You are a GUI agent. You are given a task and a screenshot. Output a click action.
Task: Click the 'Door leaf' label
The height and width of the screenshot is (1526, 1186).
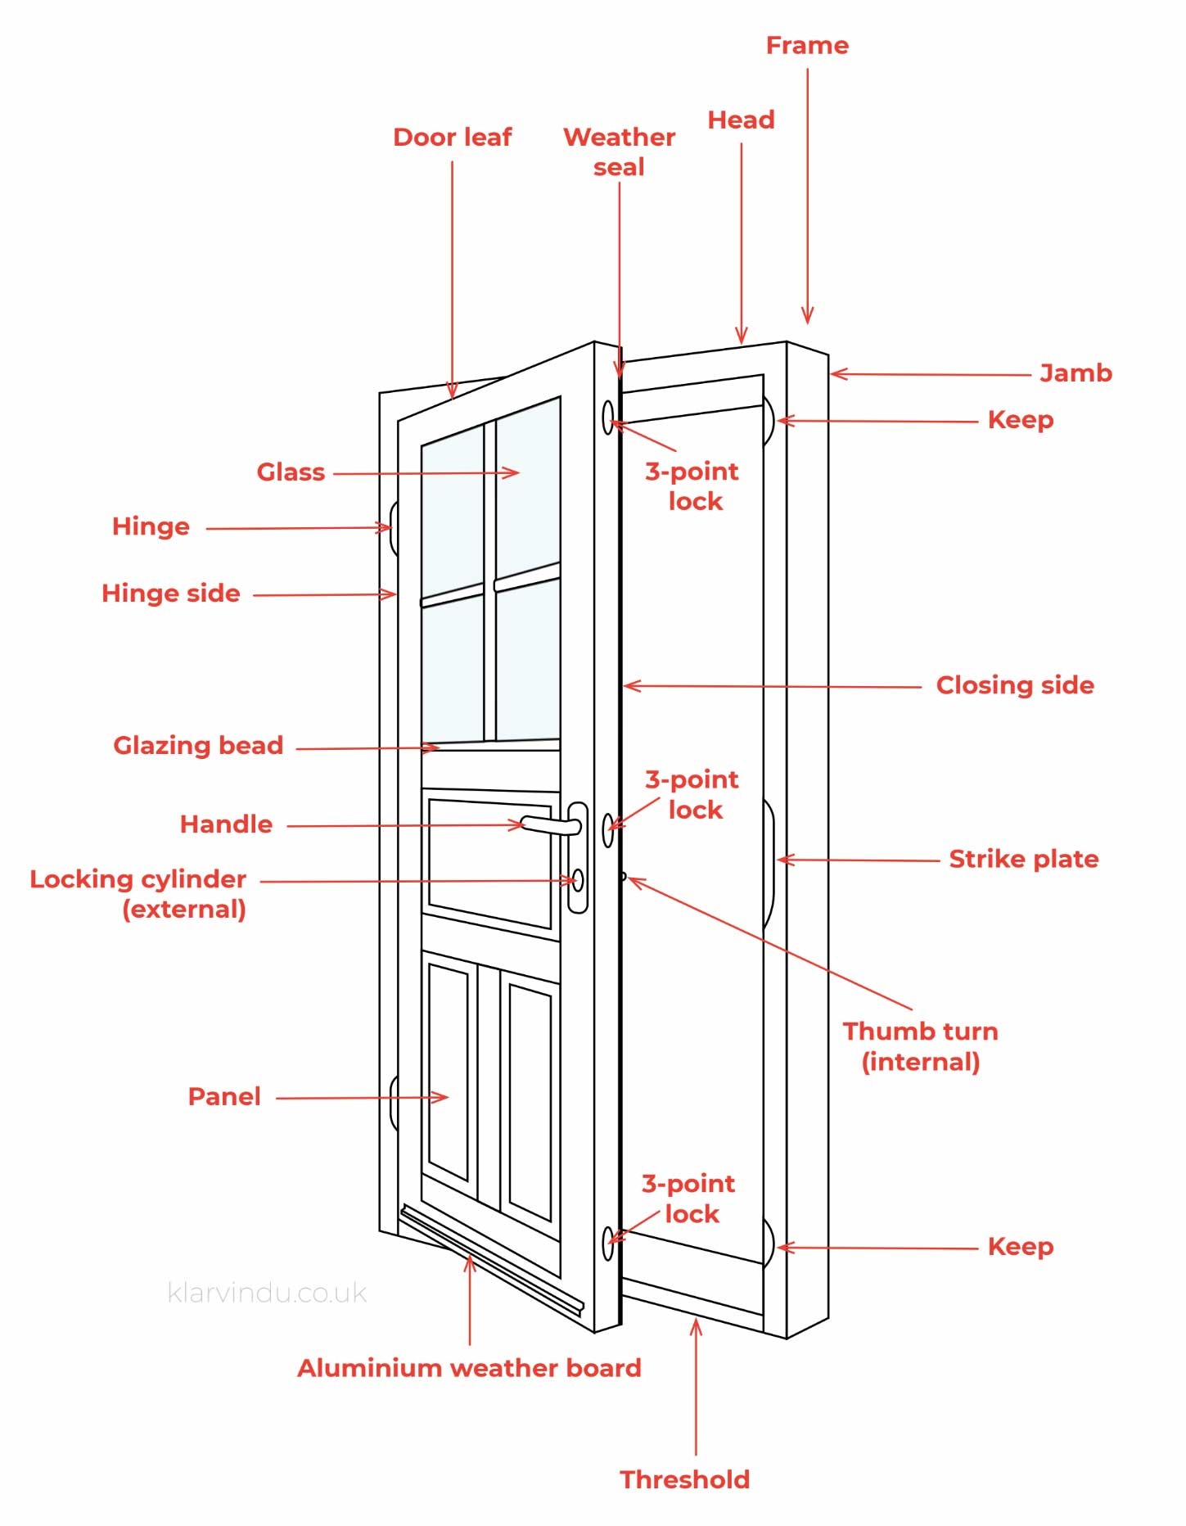tap(452, 137)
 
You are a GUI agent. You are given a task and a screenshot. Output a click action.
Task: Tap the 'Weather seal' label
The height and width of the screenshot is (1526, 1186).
tap(619, 151)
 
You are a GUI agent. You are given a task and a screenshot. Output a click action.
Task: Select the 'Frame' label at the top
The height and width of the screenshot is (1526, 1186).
tap(807, 46)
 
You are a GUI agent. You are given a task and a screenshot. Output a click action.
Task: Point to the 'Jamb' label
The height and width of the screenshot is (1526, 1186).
tap(1076, 373)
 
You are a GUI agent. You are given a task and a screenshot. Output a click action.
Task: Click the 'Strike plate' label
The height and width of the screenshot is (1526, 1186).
tap(1023, 859)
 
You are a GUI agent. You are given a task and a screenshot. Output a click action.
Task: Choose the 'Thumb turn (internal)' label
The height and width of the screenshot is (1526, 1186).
tap(920, 1046)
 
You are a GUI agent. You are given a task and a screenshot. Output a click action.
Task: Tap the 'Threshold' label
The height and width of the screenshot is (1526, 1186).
tap(684, 1479)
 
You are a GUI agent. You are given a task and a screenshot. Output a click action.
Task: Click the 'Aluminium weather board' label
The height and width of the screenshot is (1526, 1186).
tap(469, 1368)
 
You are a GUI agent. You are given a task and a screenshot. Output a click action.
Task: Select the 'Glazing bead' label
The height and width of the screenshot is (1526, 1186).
tap(198, 745)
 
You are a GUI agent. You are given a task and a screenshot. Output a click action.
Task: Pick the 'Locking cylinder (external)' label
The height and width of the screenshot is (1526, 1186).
tap(138, 893)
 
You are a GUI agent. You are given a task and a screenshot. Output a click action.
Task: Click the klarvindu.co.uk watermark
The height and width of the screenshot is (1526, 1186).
tap(267, 1293)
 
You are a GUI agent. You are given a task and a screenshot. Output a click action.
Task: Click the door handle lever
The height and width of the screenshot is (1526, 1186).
tap(548, 825)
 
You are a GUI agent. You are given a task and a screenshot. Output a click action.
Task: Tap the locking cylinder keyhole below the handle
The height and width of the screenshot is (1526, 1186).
tap(578, 880)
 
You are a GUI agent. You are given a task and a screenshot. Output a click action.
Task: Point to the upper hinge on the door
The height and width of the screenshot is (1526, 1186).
tap(394, 528)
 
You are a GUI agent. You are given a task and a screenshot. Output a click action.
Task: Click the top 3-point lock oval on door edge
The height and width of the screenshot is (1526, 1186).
tap(608, 418)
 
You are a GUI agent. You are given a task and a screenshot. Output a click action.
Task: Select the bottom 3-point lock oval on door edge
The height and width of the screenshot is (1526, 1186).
tap(607, 1244)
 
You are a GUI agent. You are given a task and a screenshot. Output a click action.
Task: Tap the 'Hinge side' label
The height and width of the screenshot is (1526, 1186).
tap(170, 594)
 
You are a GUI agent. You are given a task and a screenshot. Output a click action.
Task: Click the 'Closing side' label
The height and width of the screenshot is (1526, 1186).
tap(1014, 685)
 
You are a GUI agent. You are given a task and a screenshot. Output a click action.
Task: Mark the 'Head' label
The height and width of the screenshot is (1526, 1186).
tap(741, 120)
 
